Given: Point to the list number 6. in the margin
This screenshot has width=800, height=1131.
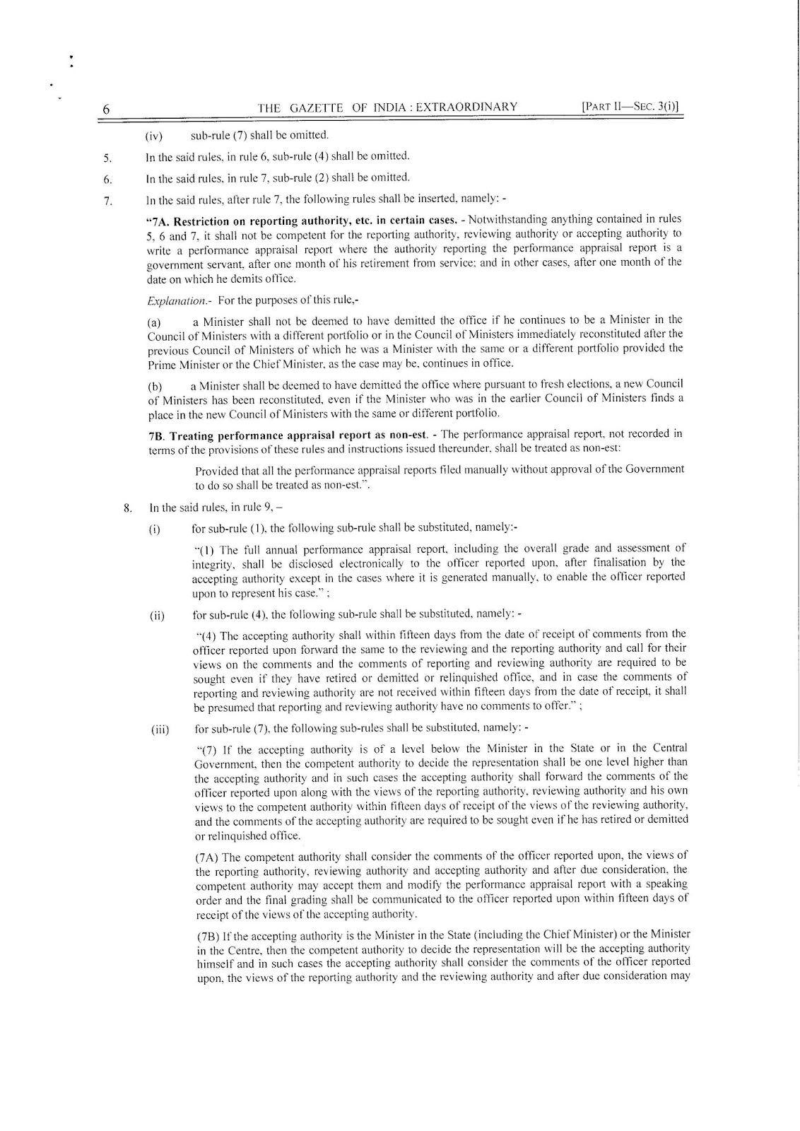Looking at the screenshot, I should pyautogui.click(x=107, y=178).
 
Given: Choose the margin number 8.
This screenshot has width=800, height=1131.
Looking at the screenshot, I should pyautogui.click(x=128, y=507).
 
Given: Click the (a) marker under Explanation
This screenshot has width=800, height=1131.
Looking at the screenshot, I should pyautogui.click(x=154, y=322).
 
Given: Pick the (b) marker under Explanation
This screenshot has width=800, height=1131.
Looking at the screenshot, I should pyautogui.click(x=154, y=387).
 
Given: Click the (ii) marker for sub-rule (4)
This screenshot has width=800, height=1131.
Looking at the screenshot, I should pyautogui.click(x=156, y=615).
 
